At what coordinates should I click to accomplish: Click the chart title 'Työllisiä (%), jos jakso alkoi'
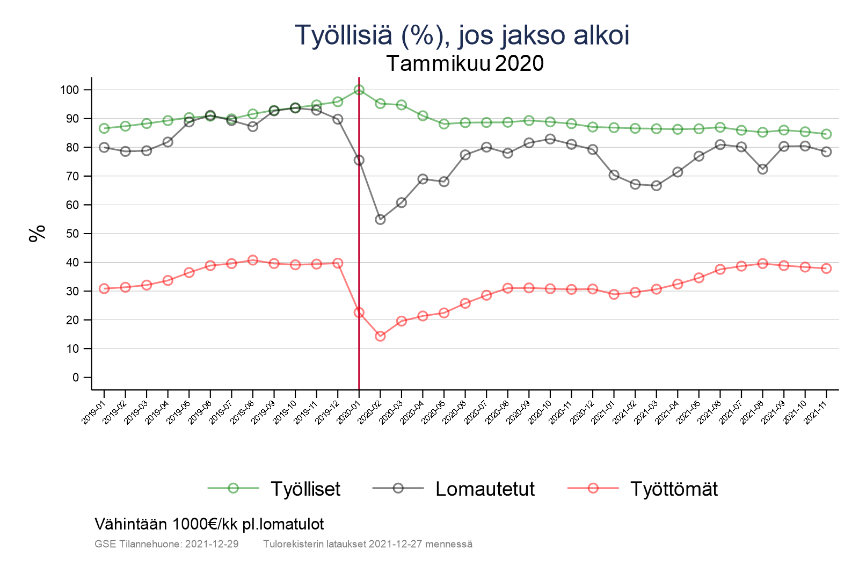(x=462, y=35)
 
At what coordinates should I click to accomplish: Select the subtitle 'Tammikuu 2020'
(x=465, y=63)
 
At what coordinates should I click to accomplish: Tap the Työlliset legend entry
(x=305, y=489)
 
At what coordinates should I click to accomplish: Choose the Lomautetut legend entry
(x=485, y=489)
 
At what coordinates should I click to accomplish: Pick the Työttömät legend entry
(x=673, y=489)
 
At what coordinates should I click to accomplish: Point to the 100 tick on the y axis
(x=69, y=90)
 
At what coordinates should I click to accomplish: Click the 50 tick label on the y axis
(x=72, y=234)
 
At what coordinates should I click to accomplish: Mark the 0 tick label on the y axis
(x=75, y=378)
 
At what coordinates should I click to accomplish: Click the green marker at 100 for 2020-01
(x=359, y=90)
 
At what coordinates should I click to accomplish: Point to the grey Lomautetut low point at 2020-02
(x=380, y=220)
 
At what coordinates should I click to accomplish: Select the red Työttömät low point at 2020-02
(x=380, y=336)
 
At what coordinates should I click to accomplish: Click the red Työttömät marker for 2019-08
(x=253, y=260)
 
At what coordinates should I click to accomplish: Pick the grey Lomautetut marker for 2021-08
(x=762, y=169)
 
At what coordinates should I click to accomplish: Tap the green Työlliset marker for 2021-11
(x=826, y=134)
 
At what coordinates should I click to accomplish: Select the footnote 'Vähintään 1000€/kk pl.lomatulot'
(x=209, y=524)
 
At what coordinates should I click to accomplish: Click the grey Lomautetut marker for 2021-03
(x=656, y=186)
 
